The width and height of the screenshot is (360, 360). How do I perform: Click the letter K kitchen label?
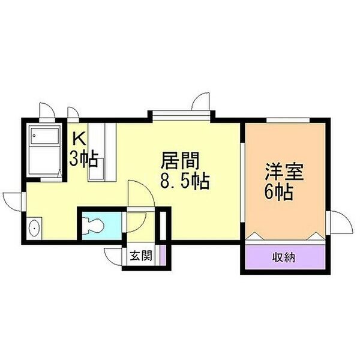click(x=79, y=139)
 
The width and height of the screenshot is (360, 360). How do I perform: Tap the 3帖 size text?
click(x=83, y=158)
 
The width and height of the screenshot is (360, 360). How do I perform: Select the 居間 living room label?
click(x=180, y=160)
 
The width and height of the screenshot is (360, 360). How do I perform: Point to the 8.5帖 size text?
click(x=185, y=181)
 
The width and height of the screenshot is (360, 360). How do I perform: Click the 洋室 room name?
click(x=284, y=172)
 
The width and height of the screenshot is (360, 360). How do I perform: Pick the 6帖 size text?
click(x=279, y=192)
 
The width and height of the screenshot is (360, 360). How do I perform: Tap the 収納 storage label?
click(x=284, y=257)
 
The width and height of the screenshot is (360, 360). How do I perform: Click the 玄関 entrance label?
click(x=141, y=256)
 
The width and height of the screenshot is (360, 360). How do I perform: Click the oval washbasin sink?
click(x=34, y=229)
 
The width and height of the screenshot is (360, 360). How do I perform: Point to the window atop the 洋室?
click(x=288, y=121)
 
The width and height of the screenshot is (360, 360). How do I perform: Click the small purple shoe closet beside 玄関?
click(x=163, y=255)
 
